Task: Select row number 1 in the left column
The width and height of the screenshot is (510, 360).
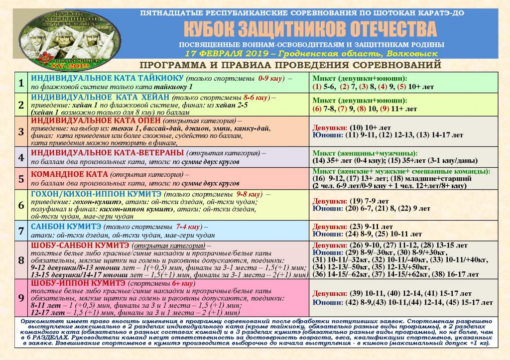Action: pyautogui.click(x=21, y=83)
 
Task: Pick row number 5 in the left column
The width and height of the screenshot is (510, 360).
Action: pyautogui.click(x=21, y=178)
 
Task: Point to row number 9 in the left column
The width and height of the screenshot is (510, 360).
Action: pyautogui.click(x=21, y=298)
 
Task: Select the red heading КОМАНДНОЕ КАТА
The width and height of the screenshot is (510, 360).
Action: pyautogui.click(x=69, y=174)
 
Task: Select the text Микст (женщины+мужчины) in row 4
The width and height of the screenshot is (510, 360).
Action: pyautogui.click(x=365, y=153)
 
